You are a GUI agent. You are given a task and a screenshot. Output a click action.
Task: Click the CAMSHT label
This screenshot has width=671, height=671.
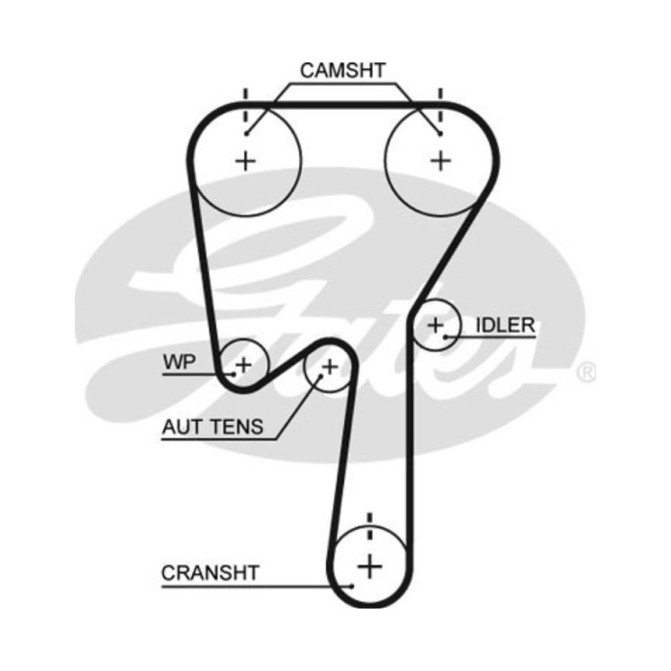343,70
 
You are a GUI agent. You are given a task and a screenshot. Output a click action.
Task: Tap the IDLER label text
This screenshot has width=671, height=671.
506,325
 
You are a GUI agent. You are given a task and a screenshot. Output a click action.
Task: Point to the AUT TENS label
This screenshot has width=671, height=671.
213,427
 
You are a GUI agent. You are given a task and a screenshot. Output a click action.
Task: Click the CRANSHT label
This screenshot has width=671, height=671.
210,573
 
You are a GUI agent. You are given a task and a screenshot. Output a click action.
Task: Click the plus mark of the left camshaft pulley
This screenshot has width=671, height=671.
247,161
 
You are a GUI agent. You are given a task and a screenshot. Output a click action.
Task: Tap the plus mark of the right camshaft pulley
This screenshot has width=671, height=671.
442,160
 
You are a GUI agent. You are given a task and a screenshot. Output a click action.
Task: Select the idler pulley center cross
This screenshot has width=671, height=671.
435,324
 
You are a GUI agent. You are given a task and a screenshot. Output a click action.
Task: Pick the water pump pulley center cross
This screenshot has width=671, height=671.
244,363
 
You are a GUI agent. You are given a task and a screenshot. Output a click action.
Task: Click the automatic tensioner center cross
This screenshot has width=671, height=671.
330,365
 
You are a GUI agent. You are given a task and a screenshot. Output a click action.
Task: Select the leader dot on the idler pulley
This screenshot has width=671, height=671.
446,337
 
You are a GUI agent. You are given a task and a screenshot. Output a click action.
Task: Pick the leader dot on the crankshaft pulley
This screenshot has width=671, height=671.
353,585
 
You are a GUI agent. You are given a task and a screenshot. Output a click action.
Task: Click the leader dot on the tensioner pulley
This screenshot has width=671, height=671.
320,379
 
